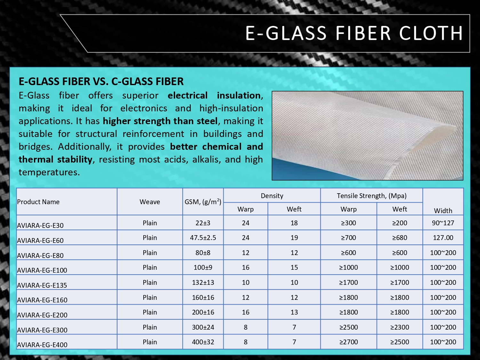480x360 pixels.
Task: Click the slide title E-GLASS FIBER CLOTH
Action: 354,33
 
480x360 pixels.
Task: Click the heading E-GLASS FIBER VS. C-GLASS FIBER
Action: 101,81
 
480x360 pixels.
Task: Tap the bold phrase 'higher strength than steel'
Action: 160,121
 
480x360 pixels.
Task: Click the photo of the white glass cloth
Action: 367,135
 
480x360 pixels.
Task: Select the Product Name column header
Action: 38,202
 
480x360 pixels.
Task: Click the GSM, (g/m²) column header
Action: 203,202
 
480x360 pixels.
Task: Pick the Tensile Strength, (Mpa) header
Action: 372,196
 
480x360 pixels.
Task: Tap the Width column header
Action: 443,211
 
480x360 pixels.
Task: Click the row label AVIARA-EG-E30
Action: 40,225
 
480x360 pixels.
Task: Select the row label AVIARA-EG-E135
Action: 42,285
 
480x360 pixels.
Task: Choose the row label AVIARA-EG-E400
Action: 42,345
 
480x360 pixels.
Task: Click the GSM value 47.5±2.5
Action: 203,237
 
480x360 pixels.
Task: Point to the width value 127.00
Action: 443,237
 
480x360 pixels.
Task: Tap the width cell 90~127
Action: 443,223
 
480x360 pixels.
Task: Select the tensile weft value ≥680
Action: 400,237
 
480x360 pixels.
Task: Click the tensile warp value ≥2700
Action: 348,342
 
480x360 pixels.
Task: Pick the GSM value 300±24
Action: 203,327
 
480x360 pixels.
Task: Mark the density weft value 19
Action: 294,237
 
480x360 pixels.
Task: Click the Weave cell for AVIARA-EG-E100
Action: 150,267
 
